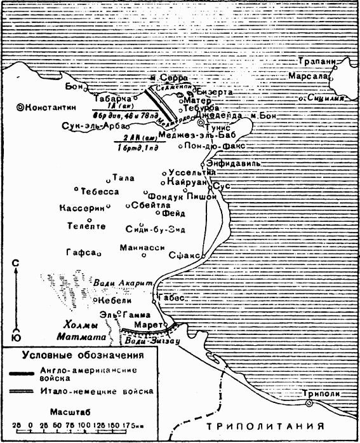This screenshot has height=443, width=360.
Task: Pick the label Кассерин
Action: pyautogui.click(x=79, y=208)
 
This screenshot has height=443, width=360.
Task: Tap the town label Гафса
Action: pyautogui.click(x=80, y=252)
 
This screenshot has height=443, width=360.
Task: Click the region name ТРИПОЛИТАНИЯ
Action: pyautogui.click(x=270, y=426)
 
